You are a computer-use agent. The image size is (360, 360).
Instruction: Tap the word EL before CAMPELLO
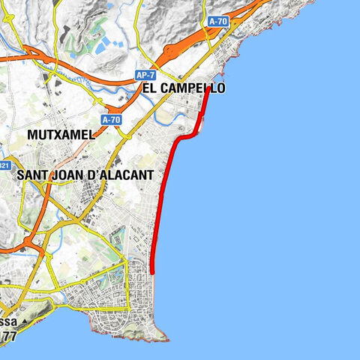(x=148, y=88)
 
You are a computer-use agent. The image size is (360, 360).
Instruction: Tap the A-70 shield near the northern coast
(x=217, y=22)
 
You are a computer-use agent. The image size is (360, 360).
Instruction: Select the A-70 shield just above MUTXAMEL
(x=111, y=118)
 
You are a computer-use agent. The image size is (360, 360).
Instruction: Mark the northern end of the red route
(x=208, y=91)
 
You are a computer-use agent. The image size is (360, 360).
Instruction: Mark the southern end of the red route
(x=152, y=273)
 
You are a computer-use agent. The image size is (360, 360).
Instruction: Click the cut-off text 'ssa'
(x=8, y=322)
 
